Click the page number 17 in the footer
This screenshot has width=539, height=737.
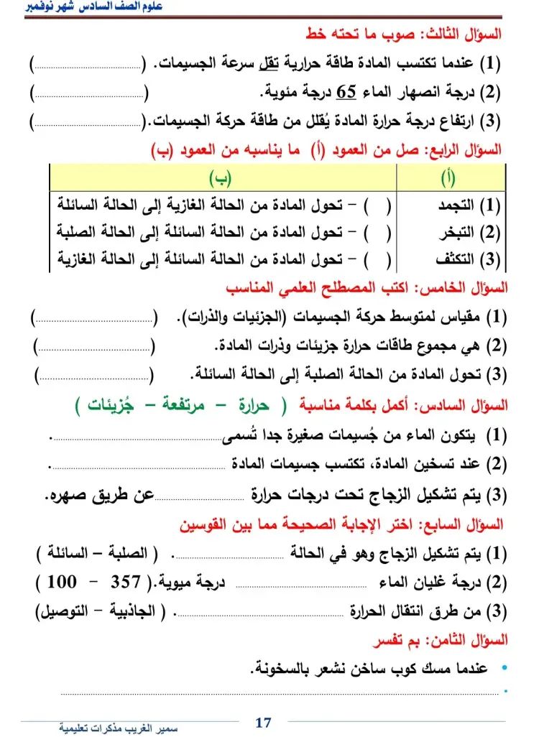coord(264,722)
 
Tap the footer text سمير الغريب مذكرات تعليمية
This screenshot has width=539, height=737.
coord(118,727)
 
